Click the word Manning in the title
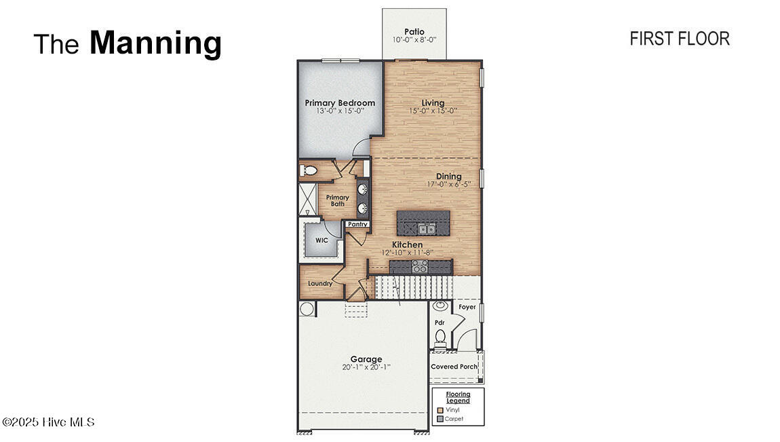155,43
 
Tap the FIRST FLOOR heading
679,39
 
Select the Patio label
414,31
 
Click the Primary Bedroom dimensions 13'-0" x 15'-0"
340,111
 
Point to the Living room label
433,103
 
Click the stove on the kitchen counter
419,267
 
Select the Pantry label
357,224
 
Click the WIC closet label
321,240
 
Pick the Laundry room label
319,283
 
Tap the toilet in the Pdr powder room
440,336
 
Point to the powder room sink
440,306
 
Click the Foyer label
467,307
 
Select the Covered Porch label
454,367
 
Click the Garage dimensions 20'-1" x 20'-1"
366,367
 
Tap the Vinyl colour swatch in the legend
440,409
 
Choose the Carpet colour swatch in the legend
440,419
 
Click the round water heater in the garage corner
307,309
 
